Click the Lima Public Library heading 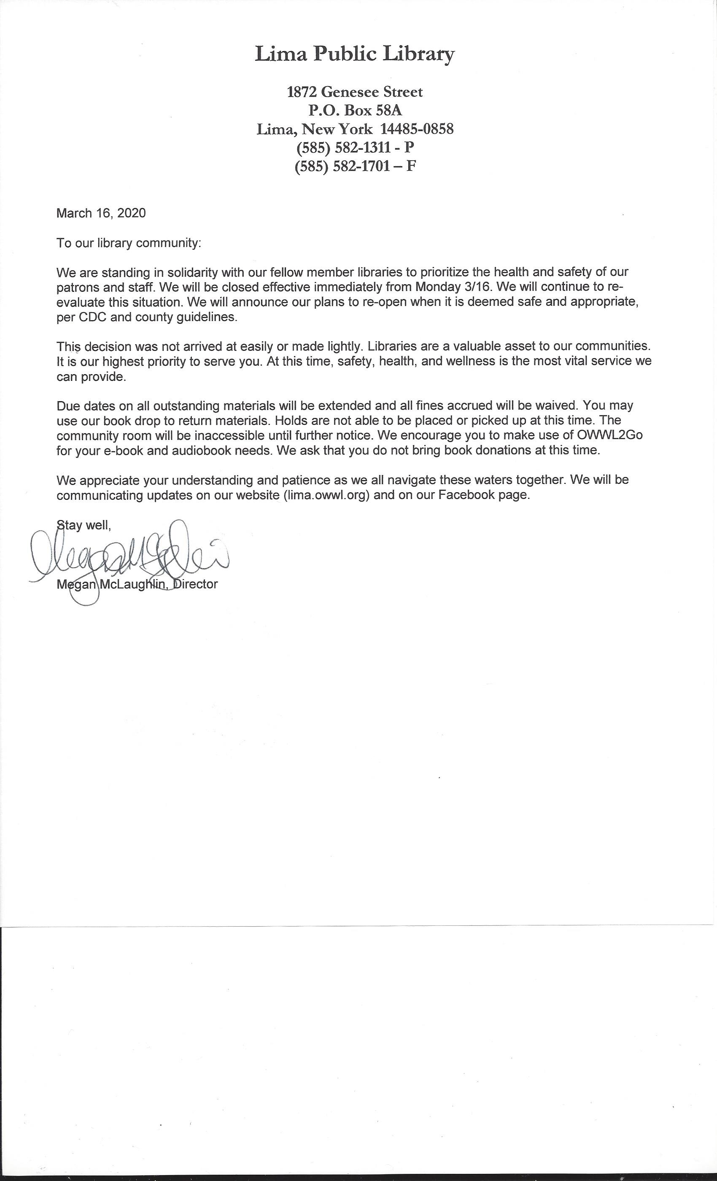click(x=355, y=54)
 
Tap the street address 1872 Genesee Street click(x=355, y=92)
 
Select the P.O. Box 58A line click(x=355, y=110)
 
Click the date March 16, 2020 click(x=101, y=213)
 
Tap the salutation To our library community click(x=129, y=243)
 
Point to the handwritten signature click(x=129, y=556)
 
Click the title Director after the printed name click(x=196, y=584)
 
